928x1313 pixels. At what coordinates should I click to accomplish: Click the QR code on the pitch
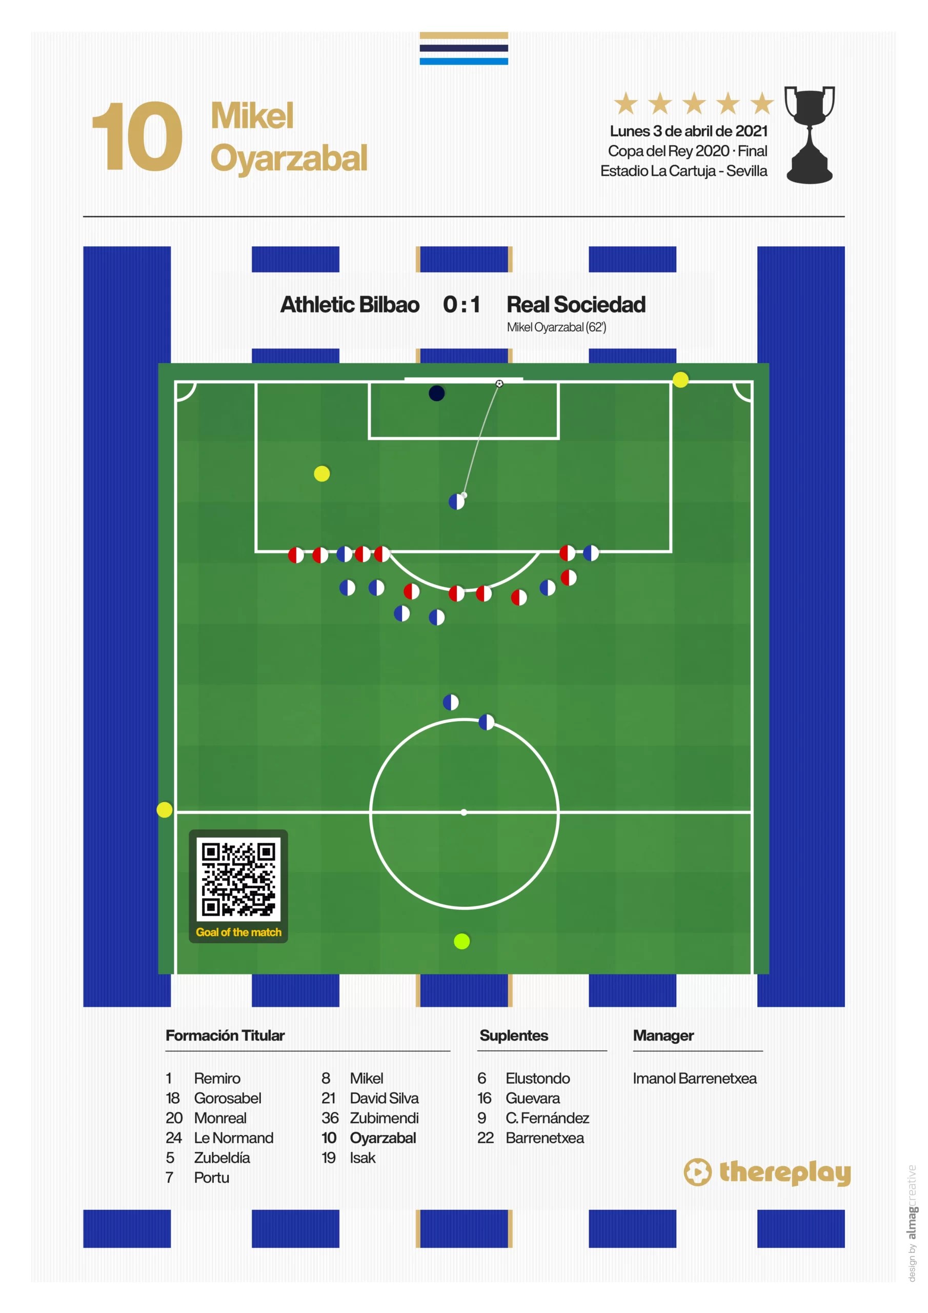(x=238, y=879)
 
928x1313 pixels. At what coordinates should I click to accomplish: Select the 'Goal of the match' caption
(x=238, y=932)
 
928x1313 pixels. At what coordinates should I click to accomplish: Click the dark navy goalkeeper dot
(x=436, y=393)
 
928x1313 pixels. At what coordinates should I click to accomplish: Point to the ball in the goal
(x=499, y=384)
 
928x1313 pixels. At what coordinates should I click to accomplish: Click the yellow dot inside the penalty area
(x=322, y=473)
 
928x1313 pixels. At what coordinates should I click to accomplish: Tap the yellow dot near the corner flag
(x=680, y=380)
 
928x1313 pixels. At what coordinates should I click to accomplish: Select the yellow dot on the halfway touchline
(x=165, y=810)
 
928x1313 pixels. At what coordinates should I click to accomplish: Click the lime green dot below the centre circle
(x=461, y=941)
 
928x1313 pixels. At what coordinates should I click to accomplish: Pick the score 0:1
(x=461, y=305)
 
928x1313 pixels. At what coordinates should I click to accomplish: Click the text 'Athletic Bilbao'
(x=350, y=305)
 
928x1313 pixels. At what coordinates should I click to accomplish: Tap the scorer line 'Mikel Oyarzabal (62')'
(x=556, y=327)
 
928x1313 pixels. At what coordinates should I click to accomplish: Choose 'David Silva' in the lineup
(x=384, y=1098)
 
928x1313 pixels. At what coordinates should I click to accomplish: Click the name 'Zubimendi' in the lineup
(x=384, y=1118)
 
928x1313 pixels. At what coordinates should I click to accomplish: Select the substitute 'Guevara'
(x=532, y=1098)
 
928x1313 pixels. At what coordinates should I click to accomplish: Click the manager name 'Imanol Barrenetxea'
(x=695, y=1079)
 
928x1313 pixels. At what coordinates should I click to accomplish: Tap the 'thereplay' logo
(x=768, y=1172)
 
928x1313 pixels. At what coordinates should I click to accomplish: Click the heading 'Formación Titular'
(x=225, y=1036)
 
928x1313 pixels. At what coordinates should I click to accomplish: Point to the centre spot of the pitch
(x=463, y=812)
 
